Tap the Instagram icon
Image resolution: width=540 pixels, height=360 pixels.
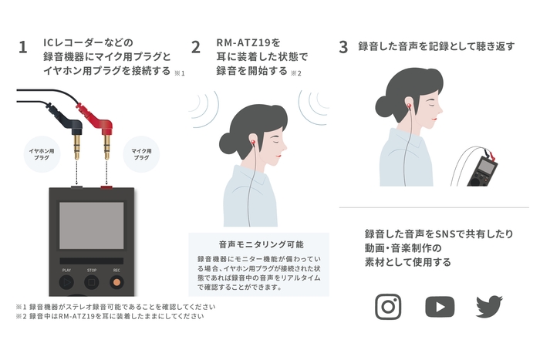388,306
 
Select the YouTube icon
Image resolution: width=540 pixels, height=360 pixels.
440,306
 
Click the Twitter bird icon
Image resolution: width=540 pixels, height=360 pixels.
489,306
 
